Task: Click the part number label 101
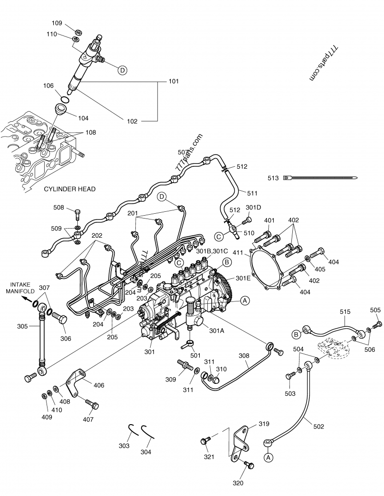click(x=174, y=81)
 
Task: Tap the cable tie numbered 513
click(x=320, y=177)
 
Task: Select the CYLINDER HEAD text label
click(x=70, y=189)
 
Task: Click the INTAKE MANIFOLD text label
click(x=20, y=288)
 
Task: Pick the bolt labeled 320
click(x=249, y=465)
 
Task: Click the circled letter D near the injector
click(x=122, y=70)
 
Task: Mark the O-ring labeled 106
click(x=65, y=99)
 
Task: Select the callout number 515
click(x=345, y=311)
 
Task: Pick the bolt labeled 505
click(x=377, y=324)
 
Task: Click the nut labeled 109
click(x=78, y=32)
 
